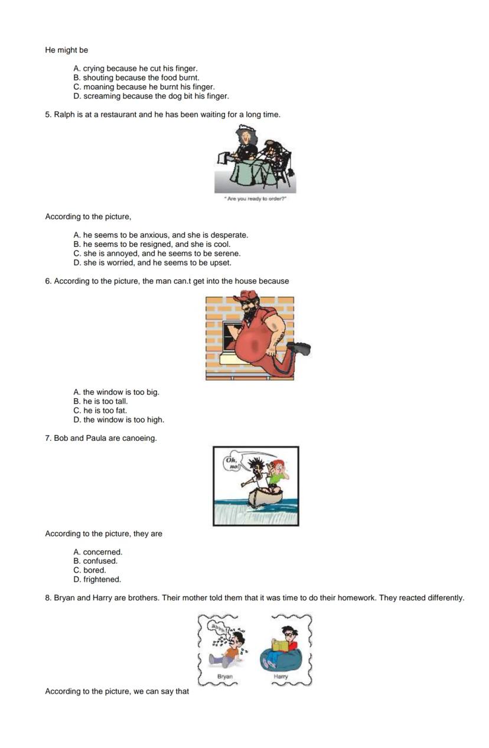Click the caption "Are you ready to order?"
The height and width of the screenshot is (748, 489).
tap(255, 199)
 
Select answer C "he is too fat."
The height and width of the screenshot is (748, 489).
tap(100, 411)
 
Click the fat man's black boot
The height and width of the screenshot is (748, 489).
tap(299, 348)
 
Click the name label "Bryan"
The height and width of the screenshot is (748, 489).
tap(225, 677)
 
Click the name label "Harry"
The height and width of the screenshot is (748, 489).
tap(281, 677)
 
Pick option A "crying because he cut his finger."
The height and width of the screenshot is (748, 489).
tap(135, 69)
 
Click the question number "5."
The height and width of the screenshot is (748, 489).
tap(48, 115)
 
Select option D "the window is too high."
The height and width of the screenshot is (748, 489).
tap(119, 420)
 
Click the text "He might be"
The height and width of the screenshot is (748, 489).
tap(67, 50)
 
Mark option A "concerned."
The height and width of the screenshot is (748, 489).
tap(97, 552)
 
